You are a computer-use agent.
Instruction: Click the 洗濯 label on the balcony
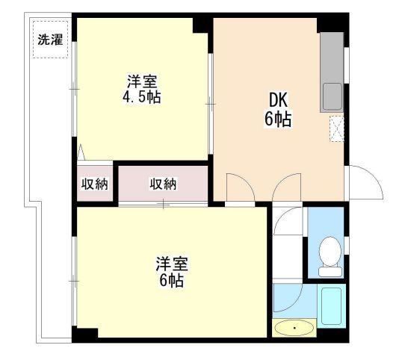click(51, 40)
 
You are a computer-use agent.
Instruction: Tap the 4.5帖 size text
click(143, 96)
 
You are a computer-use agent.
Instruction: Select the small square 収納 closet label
click(95, 184)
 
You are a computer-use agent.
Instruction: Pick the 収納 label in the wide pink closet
click(163, 184)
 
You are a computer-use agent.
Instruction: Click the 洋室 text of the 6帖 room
click(171, 264)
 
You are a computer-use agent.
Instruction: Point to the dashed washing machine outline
click(51, 40)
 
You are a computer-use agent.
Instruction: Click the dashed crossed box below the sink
click(337, 128)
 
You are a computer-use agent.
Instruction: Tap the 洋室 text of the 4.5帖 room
click(142, 80)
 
